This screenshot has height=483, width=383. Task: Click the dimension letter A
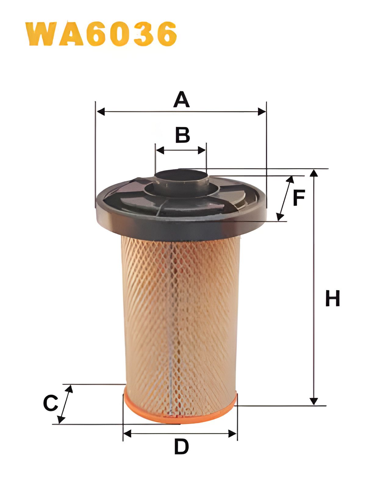click(181, 99)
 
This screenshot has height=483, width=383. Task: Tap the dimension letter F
click(299, 198)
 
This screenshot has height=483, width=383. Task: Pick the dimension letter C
click(50, 403)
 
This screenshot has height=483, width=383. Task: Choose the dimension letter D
click(181, 447)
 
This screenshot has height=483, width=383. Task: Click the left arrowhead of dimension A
click(100, 112)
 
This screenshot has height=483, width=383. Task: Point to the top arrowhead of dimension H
click(313, 173)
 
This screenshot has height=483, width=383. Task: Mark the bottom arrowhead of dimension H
click(313, 401)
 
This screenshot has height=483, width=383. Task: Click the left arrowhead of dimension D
click(127, 434)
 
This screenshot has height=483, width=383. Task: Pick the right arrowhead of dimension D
click(233, 434)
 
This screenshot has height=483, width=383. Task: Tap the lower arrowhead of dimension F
click(279, 217)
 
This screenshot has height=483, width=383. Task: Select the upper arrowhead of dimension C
click(70, 389)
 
